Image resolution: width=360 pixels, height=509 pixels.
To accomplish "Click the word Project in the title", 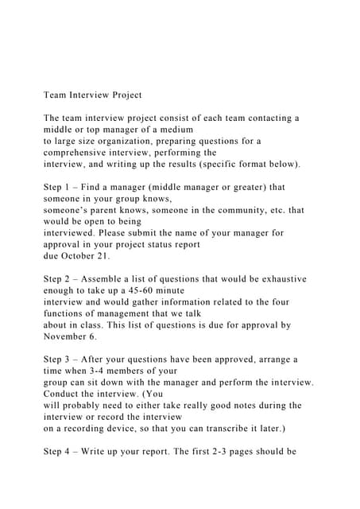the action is (x=122, y=95).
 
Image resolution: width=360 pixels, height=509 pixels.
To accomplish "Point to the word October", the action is (x=73, y=256).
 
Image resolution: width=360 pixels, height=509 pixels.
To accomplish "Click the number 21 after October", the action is (x=103, y=256).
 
